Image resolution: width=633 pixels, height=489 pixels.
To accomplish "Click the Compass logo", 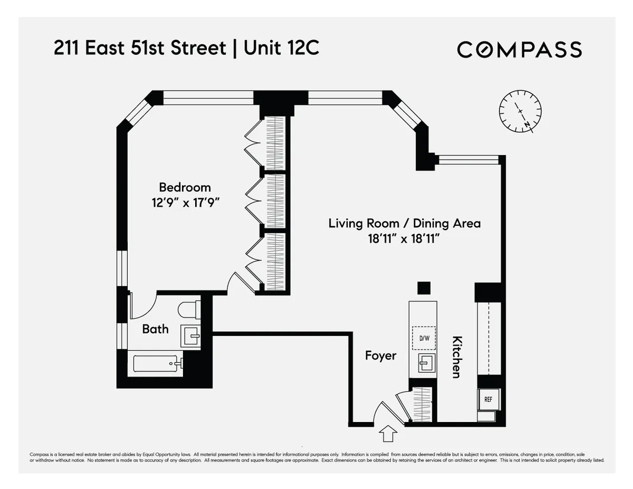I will pyautogui.click(x=519, y=50).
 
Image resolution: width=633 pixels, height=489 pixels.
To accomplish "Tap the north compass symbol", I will pyautogui.click(x=520, y=111).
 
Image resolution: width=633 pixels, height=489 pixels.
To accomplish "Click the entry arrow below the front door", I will pyautogui.click(x=388, y=434).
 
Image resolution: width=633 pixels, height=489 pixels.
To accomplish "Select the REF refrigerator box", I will pyautogui.click(x=488, y=399).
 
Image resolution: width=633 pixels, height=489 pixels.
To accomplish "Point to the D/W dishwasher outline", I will pyautogui.click(x=424, y=338).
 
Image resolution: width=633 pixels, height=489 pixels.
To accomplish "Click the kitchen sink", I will pyautogui.click(x=424, y=363).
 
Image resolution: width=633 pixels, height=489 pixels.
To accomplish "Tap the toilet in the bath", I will pyautogui.click(x=188, y=309).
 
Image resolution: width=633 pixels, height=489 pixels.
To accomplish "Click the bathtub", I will pyautogui.click(x=157, y=363).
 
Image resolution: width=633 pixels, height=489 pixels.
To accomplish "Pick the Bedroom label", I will pyautogui.click(x=185, y=187).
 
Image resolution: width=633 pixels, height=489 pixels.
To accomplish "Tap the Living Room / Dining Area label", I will pyautogui.click(x=405, y=223).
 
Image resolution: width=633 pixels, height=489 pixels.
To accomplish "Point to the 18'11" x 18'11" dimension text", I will pyautogui.click(x=405, y=239).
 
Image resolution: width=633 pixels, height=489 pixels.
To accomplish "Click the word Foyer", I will pyautogui.click(x=380, y=356).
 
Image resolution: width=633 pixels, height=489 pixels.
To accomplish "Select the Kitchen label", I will pyautogui.click(x=457, y=357).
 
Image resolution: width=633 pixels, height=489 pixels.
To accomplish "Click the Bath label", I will pyautogui.click(x=156, y=329).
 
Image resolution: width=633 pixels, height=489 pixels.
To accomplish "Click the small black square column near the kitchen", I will pyautogui.click(x=424, y=288).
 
